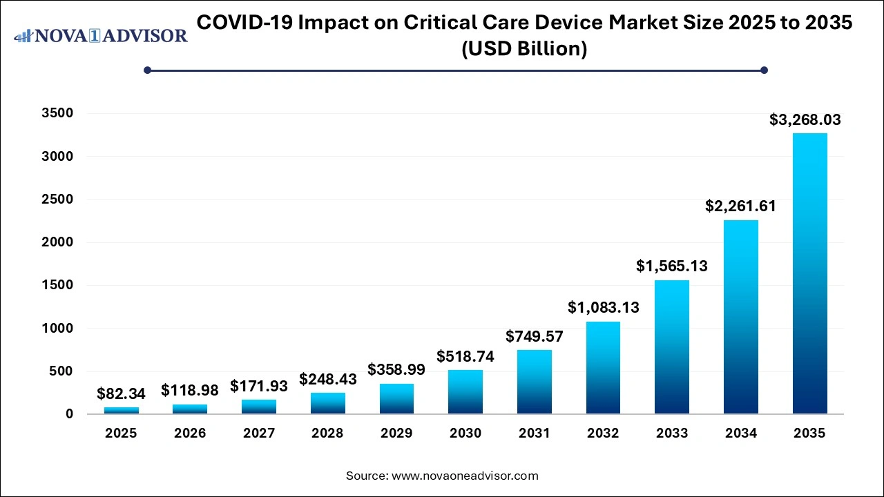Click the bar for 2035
pos(809,273)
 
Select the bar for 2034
pos(740,317)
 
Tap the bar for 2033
pos(672,347)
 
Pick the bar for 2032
pos(603,367)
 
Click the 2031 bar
pos(535,382)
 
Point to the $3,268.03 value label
pos(805,119)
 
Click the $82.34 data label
pos(121,393)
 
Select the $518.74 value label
pos(465,356)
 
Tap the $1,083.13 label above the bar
pos(603,307)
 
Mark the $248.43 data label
pos(327,379)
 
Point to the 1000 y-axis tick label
pos(59,329)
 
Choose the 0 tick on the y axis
pos(69,414)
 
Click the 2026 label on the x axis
pos(190,433)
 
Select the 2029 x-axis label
pos(396,433)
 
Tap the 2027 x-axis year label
pos(258,433)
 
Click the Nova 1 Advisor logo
pos(100,35)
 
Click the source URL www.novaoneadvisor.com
pos(464,476)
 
